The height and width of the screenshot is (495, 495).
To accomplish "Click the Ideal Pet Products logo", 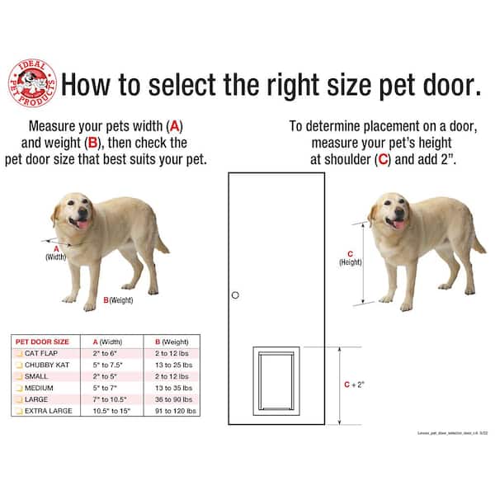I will [32, 82].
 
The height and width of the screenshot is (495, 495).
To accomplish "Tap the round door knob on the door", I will [235, 295].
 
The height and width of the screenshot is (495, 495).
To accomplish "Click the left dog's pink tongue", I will [81, 224].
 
